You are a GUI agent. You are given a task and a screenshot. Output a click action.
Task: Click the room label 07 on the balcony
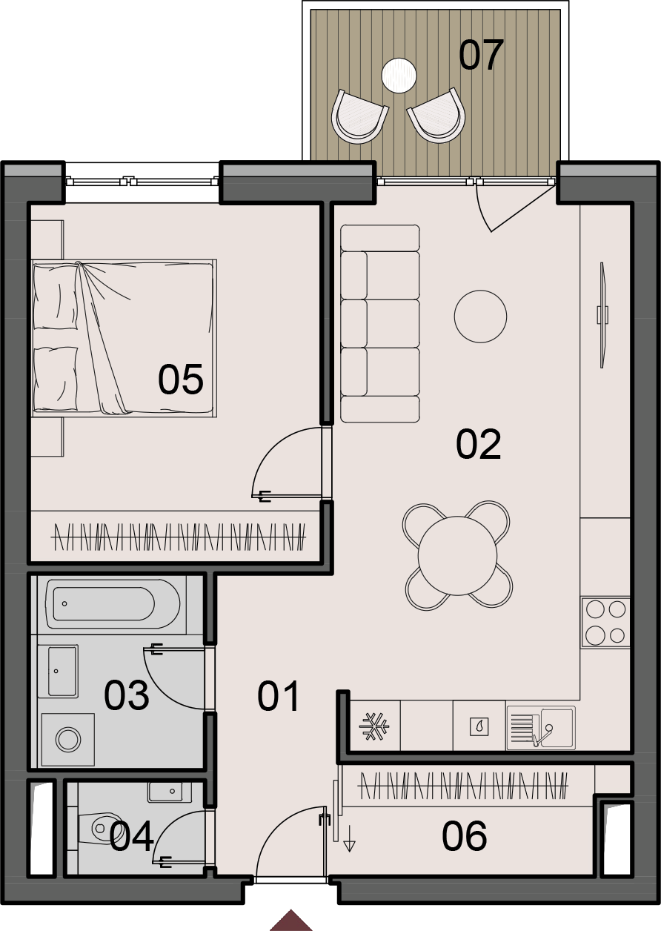[x=481, y=55]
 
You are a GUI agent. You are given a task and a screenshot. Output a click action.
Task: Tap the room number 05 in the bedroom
[x=181, y=379]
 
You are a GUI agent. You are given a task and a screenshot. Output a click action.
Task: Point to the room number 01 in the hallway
[x=278, y=696]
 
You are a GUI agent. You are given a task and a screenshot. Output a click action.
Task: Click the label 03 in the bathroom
[x=126, y=695]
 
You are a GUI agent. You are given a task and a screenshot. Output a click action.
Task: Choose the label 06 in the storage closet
[x=464, y=836]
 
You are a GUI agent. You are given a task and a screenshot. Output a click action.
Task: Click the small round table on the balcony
[x=399, y=76]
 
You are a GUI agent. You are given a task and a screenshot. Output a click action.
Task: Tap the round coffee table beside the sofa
[x=480, y=317]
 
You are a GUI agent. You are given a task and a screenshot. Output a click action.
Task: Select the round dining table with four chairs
[x=457, y=556]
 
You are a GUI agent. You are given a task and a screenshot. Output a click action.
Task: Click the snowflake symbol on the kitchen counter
[x=374, y=726]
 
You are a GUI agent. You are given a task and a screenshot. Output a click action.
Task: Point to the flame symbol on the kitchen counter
[x=479, y=727]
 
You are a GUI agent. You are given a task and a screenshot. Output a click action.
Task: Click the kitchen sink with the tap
[x=541, y=728]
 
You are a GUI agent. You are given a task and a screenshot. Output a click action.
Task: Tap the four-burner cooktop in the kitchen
[x=605, y=622]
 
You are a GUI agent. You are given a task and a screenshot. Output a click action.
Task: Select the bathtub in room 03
[x=113, y=604]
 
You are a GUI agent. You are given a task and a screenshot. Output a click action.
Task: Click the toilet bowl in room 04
[x=102, y=829]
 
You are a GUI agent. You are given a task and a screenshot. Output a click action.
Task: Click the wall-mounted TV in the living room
[x=602, y=314]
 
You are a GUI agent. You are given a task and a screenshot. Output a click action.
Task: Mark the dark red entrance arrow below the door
[x=290, y=920]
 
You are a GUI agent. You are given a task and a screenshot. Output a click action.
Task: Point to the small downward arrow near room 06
[x=350, y=838]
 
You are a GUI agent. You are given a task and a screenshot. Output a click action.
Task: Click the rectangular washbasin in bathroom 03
[x=62, y=671]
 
